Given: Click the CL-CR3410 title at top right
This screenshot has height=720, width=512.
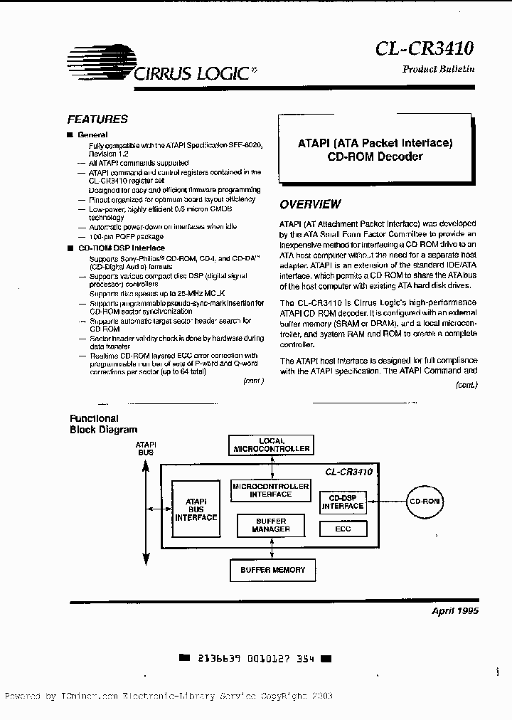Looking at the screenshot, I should pyautogui.click(x=424, y=48).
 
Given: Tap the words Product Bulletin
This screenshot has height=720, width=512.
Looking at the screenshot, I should pyautogui.click(x=438, y=69).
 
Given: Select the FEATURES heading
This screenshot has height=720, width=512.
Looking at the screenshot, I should pyautogui.click(x=97, y=120).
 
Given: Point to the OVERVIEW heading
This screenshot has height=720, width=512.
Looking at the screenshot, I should pyautogui.click(x=309, y=204).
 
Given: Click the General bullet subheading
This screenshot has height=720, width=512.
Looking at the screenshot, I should pyautogui.click(x=92, y=134).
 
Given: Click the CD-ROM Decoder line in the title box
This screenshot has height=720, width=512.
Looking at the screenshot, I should pyautogui.click(x=375, y=157).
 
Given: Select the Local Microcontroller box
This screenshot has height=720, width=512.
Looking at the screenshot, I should pyautogui.click(x=272, y=445).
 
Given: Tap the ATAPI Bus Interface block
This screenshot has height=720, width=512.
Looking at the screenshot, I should pyautogui.click(x=196, y=509).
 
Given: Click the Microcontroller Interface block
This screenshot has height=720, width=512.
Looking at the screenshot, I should pyautogui.click(x=271, y=490).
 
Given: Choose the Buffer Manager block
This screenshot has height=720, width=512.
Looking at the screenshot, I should pyautogui.click(x=272, y=526).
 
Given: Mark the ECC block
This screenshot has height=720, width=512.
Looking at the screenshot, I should pyautogui.click(x=343, y=529).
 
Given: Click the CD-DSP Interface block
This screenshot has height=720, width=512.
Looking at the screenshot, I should pyautogui.click(x=343, y=502).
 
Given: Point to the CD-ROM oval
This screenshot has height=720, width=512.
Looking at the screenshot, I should pyautogui.click(x=425, y=502).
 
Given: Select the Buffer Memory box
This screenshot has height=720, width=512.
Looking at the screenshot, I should pyautogui.click(x=272, y=570).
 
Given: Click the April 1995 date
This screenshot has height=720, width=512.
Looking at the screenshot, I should pyautogui.click(x=455, y=611).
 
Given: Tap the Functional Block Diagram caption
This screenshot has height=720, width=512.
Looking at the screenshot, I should pyautogui.click(x=103, y=424).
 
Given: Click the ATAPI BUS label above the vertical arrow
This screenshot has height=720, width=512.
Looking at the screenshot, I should pyautogui.click(x=146, y=448).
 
